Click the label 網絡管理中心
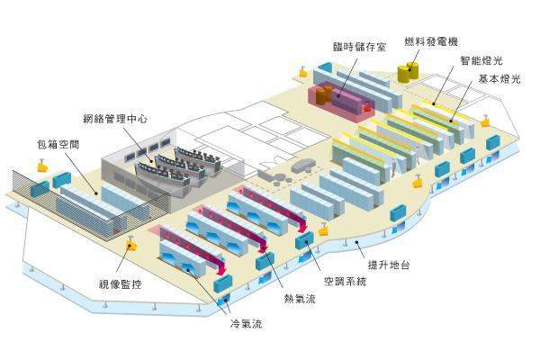tap(115, 119)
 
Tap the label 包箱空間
tap(58, 144)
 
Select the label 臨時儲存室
tap(359, 47)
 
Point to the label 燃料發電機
tap(431, 41)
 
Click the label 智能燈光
tap(481, 60)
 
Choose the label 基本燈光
tap(499, 79)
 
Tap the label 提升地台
tap(389, 265)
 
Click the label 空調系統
tap(345, 282)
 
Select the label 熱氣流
tap(300, 298)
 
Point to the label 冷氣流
tap(246, 323)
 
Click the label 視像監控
tap(121, 284)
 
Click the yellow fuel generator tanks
tap(408, 72)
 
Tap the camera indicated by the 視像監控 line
tap(130, 244)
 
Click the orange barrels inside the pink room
tap(323, 94)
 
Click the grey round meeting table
tap(303, 166)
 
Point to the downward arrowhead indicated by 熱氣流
tap(263, 248)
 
